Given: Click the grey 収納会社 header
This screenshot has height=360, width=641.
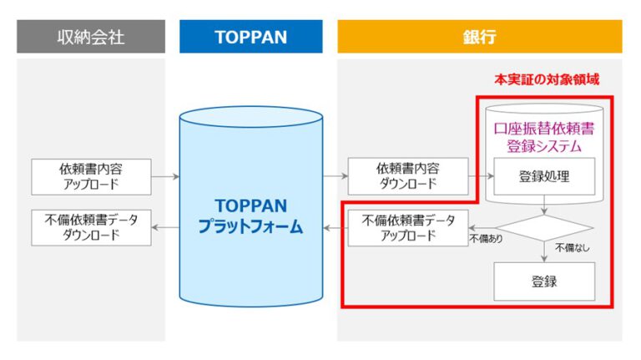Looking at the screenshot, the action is point(91,37).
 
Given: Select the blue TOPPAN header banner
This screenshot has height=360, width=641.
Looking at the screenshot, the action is point(251,37).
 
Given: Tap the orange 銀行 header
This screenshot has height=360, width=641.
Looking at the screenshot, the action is point(480,37).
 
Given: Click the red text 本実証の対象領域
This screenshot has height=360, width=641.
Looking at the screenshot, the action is point(547,79).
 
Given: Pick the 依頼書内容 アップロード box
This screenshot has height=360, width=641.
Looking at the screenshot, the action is point(91,177).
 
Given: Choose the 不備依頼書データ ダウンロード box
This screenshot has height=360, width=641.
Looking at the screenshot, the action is point(91,228).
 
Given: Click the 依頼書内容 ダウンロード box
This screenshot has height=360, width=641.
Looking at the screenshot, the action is point(408,176).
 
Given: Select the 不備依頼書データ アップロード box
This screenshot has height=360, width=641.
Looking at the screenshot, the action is point(408,228).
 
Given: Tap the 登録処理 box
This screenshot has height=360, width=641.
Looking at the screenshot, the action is point(544,176).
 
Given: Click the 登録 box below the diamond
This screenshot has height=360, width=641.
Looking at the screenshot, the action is point(544,281).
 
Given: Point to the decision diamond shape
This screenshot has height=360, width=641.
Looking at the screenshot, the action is point(544,228).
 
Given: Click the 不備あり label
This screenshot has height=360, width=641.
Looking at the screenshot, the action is point(486,239).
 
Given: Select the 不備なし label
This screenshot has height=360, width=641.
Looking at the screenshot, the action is point(572,247).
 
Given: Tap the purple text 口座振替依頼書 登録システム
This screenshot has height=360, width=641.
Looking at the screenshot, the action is point(544,138).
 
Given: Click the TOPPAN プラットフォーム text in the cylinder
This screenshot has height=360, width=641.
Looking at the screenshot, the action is point(250,216).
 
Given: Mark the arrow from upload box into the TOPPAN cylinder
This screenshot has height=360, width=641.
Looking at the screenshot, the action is point(165,177).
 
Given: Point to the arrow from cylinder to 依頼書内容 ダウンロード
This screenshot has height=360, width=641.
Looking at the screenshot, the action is point(336,176).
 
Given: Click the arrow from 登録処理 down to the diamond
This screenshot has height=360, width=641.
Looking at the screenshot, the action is point(544,205).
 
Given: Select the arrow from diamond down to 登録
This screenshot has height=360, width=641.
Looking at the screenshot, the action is point(544,251).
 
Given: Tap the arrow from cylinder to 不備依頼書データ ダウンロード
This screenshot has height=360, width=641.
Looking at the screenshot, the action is point(165,228).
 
